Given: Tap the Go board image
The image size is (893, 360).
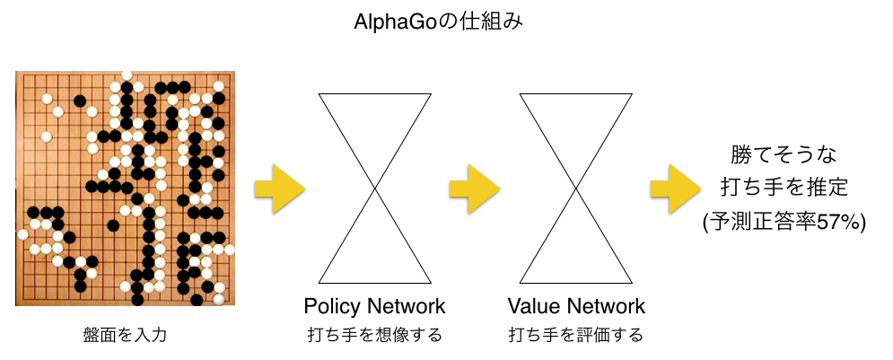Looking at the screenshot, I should point(126,188).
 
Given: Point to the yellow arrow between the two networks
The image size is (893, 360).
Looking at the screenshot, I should point(474,189).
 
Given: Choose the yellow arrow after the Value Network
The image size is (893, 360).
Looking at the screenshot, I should point(676,189).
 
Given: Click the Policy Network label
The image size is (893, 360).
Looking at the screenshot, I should point(374,306).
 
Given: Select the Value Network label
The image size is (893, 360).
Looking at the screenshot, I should point(575,306).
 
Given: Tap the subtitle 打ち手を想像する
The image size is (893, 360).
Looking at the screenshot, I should point(374,336).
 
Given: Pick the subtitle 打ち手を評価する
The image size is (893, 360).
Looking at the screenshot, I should point(575,336).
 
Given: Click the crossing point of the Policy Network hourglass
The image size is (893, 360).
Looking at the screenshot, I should point(374,188).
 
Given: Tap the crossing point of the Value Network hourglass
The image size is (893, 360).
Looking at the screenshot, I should point(575,188).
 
